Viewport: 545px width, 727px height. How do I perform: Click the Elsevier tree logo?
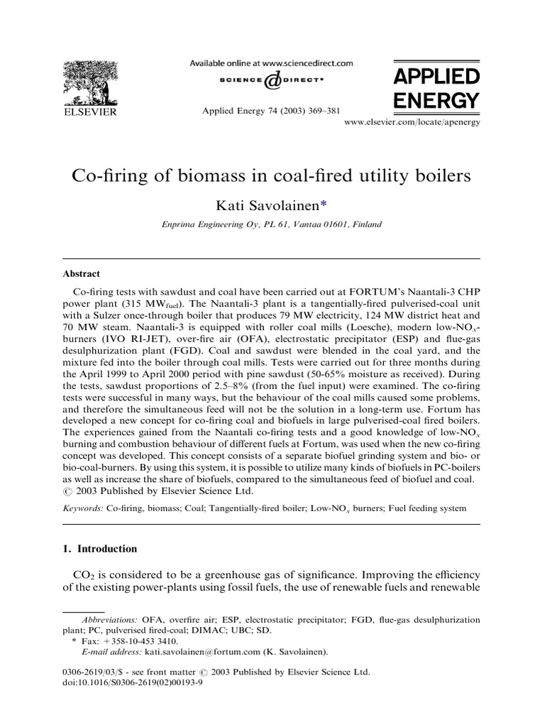click(x=89, y=84)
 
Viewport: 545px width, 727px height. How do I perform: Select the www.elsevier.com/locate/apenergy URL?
click(x=412, y=123)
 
